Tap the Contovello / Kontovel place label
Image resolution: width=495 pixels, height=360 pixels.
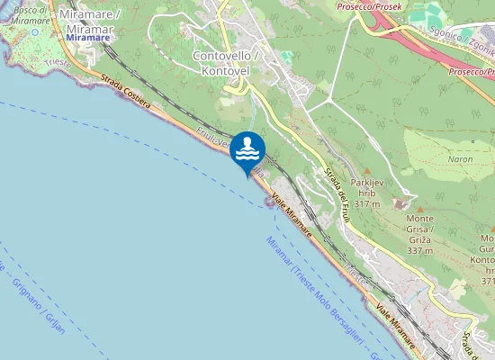click(x=226, y=62)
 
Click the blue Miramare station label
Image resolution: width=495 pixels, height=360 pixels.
click(x=88, y=38)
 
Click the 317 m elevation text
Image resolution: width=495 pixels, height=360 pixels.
click(x=366, y=204)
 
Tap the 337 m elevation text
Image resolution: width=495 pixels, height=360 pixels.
click(x=419, y=250)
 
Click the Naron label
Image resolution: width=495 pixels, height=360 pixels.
click(x=459, y=159)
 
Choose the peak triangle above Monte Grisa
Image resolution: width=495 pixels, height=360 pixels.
click(x=418, y=209)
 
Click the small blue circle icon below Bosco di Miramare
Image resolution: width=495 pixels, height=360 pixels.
click(x=36, y=31)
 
